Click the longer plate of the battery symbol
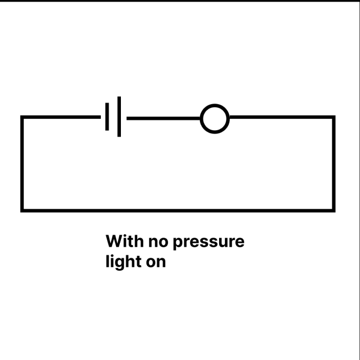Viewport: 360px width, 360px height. pyautogui.click(x=119, y=117)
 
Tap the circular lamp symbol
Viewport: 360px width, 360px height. pyautogui.click(x=215, y=118)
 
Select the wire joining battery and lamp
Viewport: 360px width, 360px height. pyautogui.click(x=163, y=118)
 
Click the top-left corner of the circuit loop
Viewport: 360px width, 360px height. pyautogui.click(x=22, y=117)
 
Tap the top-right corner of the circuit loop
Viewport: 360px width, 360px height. pyautogui.click(x=333, y=117)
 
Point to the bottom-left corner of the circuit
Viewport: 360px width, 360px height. pyautogui.click(x=22, y=210)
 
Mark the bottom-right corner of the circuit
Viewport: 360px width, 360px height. pyautogui.click(x=333, y=210)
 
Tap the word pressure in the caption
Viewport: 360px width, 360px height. pyautogui.click(x=209, y=243)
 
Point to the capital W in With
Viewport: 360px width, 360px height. pyautogui.click(x=114, y=241)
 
